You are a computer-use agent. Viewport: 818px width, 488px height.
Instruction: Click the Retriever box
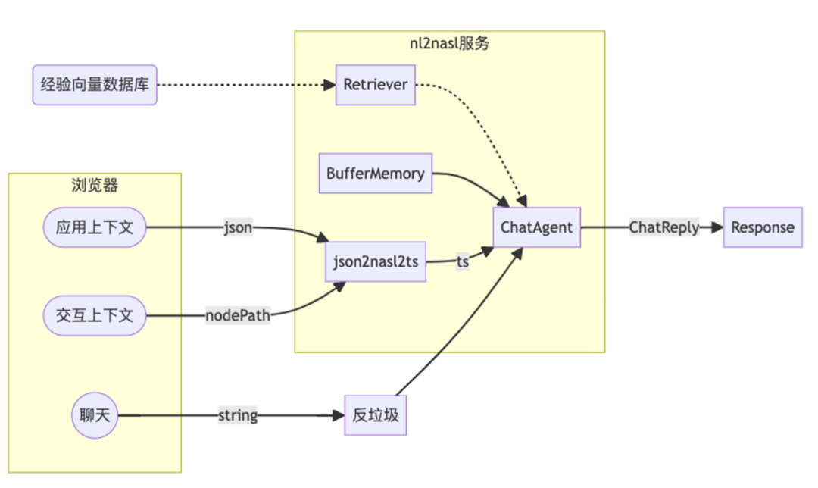point(376,85)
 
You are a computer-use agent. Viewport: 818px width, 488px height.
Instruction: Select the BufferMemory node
point(376,174)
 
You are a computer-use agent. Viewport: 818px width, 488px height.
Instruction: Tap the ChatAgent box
point(537,227)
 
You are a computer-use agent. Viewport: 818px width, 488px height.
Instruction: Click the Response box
point(763,227)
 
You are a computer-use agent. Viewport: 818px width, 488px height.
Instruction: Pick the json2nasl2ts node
point(375,262)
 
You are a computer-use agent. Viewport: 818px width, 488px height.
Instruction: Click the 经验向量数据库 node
point(95,85)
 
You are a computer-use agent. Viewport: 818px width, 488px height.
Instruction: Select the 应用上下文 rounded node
point(95,227)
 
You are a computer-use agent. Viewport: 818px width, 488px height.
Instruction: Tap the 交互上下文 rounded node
point(95,314)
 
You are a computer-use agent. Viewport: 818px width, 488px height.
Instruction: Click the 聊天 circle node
point(95,415)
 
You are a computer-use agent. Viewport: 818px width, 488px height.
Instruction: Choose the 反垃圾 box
point(376,415)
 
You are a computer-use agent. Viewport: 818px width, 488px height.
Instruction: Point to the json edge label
point(237,227)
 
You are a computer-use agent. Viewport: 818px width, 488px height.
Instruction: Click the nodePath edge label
point(238,314)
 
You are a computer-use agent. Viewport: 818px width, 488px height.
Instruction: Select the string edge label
point(238,415)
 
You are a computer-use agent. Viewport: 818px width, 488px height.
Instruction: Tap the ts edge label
point(462,261)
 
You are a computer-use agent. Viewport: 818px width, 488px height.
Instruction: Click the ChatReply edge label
point(664,227)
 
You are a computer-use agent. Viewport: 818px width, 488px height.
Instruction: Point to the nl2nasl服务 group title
point(449,43)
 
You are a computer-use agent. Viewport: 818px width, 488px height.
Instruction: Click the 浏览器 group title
point(95,185)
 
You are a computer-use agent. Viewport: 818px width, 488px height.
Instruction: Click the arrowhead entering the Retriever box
point(329,85)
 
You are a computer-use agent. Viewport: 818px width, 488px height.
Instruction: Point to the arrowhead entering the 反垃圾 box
point(338,415)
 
